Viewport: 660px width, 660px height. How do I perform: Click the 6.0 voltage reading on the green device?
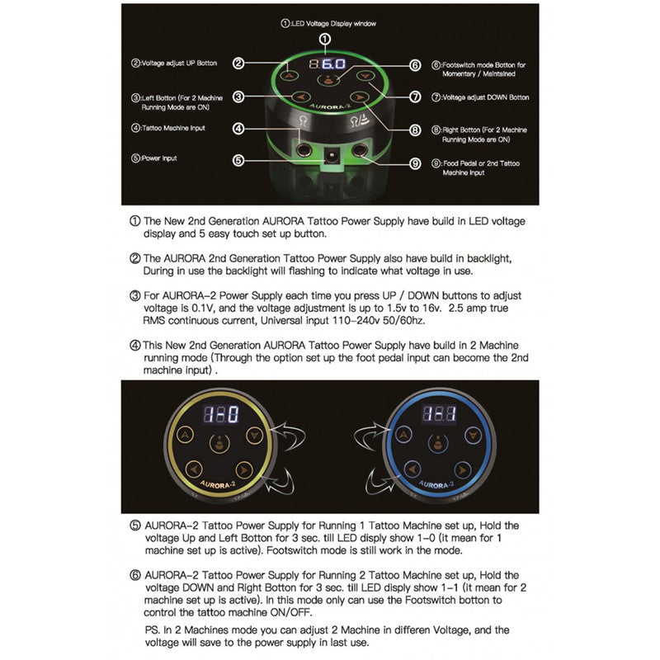tap(332, 64)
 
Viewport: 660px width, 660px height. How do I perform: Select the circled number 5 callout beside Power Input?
tap(238, 160)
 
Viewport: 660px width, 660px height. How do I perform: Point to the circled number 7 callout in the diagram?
tap(415, 97)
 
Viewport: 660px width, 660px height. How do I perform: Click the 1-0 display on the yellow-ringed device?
tap(221, 414)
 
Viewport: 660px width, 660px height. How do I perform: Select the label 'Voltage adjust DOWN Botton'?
tap(483, 97)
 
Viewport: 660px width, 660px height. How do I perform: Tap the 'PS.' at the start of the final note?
tap(151, 629)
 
